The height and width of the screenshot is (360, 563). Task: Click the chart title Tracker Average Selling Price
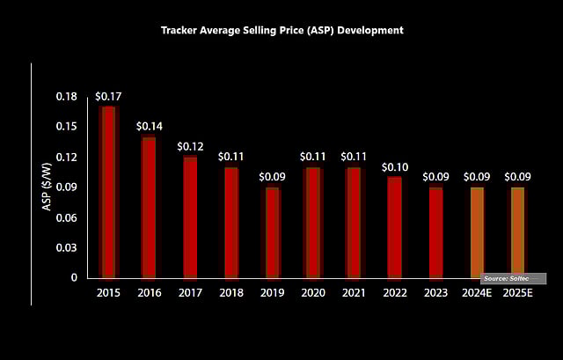pyautogui.click(x=281, y=30)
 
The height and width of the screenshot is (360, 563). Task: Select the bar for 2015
pyautogui.click(x=108, y=192)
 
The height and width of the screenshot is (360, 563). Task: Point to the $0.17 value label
pyautogui.click(x=108, y=96)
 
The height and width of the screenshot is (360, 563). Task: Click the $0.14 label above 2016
pyautogui.click(x=149, y=126)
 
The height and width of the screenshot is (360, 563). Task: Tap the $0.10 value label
pyautogui.click(x=395, y=166)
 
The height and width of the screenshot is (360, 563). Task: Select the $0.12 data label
pyautogui.click(x=190, y=145)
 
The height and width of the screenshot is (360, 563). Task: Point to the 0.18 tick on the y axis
pyautogui.click(x=67, y=96)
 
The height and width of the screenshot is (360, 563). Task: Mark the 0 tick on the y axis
pyautogui.click(x=75, y=277)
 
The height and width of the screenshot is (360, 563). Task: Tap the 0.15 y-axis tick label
pyautogui.click(x=67, y=127)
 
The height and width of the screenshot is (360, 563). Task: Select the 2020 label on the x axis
pyautogui.click(x=312, y=294)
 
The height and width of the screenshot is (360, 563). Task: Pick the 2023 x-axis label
pyautogui.click(x=435, y=294)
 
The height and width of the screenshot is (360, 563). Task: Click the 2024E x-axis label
pyautogui.click(x=477, y=294)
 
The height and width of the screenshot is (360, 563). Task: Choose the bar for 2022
pyautogui.click(x=395, y=227)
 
